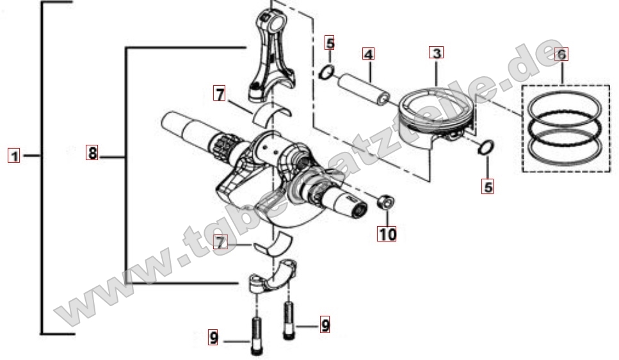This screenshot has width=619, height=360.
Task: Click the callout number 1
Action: [x=14, y=156]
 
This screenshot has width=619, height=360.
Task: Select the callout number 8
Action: [x=92, y=152]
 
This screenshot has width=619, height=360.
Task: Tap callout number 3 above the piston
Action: [x=436, y=53]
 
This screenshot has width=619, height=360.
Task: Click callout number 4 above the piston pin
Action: [x=368, y=54]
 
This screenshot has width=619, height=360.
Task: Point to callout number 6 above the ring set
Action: [x=561, y=54]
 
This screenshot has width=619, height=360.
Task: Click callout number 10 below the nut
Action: [x=387, y=234]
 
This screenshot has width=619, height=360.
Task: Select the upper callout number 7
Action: [x=220, y=94]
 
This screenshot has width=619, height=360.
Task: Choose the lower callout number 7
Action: [x=220, y=242]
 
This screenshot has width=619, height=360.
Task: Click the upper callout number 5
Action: [x=330, y=43]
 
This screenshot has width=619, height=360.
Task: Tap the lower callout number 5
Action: [x=488, y=186]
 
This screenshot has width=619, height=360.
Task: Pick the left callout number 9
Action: [x=213, y=338]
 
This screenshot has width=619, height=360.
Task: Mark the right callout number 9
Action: [x=325, y=325]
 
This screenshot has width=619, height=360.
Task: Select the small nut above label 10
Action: [x=386, y=202]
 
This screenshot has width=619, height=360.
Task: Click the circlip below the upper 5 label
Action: [x=327, y=72]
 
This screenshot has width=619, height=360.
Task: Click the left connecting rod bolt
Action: [x=256, y=336]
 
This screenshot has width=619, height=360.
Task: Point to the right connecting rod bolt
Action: [x=289, y=320]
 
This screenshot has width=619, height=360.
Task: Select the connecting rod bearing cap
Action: [x=273, y=276]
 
